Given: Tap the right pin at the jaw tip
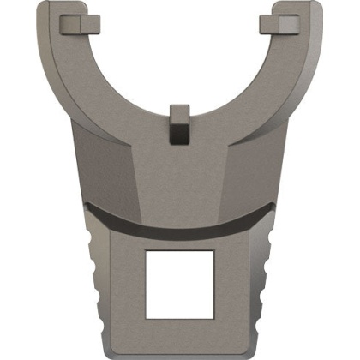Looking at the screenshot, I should tap(282, 19).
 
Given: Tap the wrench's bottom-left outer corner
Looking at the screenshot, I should tap(106, 352).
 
